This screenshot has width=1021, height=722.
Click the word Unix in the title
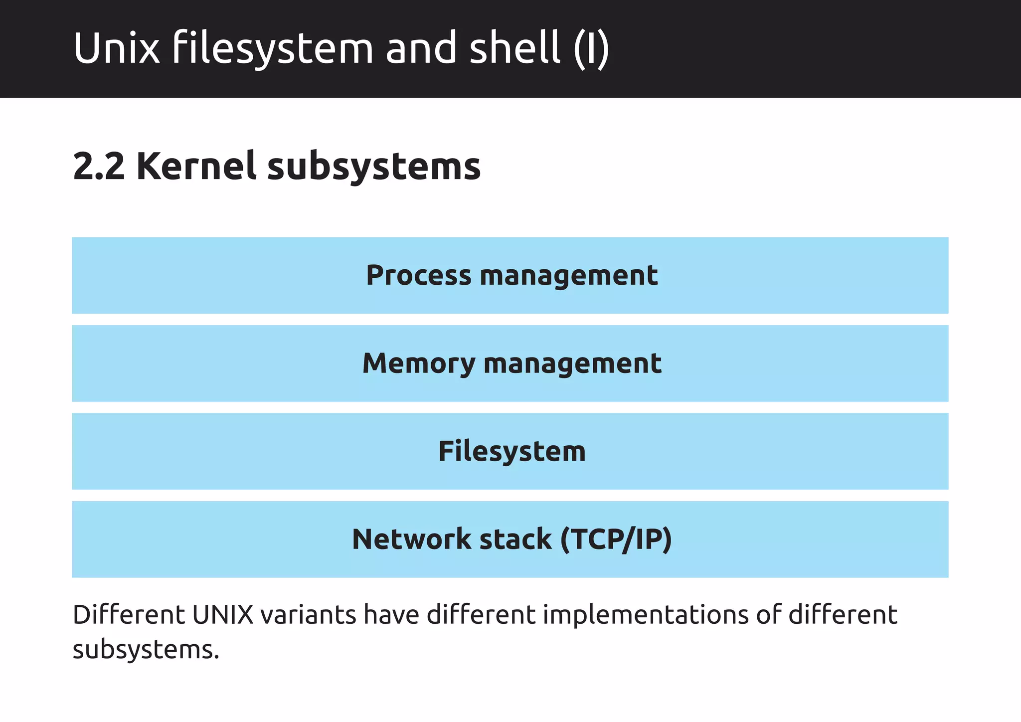click(x=116, y=48)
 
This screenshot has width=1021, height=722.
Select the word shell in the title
click(x=515, y=48)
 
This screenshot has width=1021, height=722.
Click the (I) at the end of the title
click(x=591, y=48)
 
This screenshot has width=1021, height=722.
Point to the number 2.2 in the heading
click(x=99, y=167)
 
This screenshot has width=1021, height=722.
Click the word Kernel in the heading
click(x=196, y=167)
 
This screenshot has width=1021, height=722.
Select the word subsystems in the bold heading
click(x=374, y=167)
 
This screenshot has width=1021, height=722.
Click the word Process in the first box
click(x=418, y=275)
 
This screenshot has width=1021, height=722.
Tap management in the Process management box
click(x=568, y=275)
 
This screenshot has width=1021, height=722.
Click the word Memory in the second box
click(x=418, y=363)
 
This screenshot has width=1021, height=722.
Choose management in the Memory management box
click(x=572, y=363)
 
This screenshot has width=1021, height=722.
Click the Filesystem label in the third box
click(x=511, y=451)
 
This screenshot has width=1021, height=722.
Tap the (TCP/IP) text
click(x=616, y=539)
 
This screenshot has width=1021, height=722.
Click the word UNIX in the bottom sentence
click(x=223, y=615)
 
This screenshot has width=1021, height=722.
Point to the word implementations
click(x=645, y=615)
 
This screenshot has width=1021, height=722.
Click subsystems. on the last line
click(x=146, y=650)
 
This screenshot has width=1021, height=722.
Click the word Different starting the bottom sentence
click(x=129, y=615)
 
